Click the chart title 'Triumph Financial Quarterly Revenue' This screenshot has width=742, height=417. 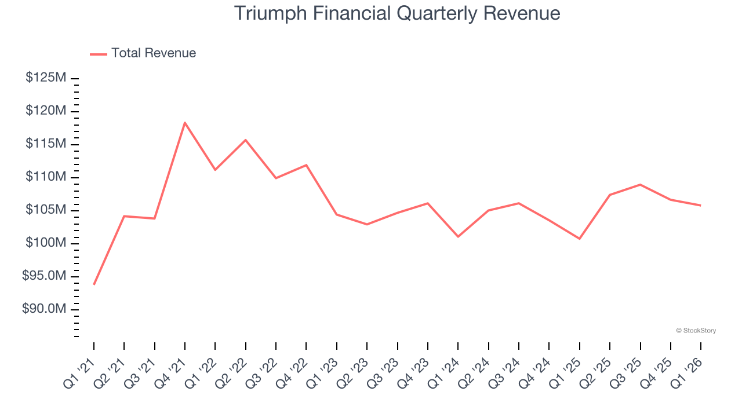pos(397,13)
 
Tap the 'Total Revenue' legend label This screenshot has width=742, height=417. pos(154,53)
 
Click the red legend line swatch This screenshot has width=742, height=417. pos(99,54)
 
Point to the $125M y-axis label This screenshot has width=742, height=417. pos(46,78)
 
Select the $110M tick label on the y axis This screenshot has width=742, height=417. pos(46,177)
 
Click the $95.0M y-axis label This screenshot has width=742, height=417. pos(44,276)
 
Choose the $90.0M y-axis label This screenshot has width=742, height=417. pos(44,309)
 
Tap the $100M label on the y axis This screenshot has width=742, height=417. pos(46,243)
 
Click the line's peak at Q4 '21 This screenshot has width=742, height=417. pos(185,123)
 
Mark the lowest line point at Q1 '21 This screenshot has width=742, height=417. pos(94,284)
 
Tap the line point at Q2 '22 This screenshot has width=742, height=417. pos(246,140)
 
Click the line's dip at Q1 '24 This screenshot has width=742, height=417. pos(458,236)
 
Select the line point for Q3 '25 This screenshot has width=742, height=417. pos(640,185)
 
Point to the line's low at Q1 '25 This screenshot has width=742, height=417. pos(579,239)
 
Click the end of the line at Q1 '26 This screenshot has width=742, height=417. pos(700,205)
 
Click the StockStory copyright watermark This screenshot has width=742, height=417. pos(696,331)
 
